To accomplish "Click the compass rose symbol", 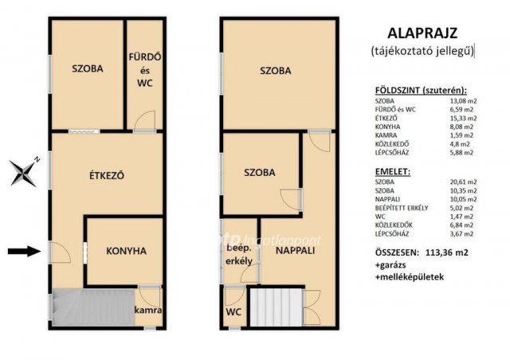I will point(26,170).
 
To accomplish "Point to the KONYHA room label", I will point(126,251).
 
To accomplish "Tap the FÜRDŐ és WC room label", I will point(145,68).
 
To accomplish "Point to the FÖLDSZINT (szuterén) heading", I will point(421,91).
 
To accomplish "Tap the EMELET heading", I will point(394,171).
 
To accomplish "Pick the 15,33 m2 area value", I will point(461,118).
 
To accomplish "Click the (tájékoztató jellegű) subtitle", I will point(422,51).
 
